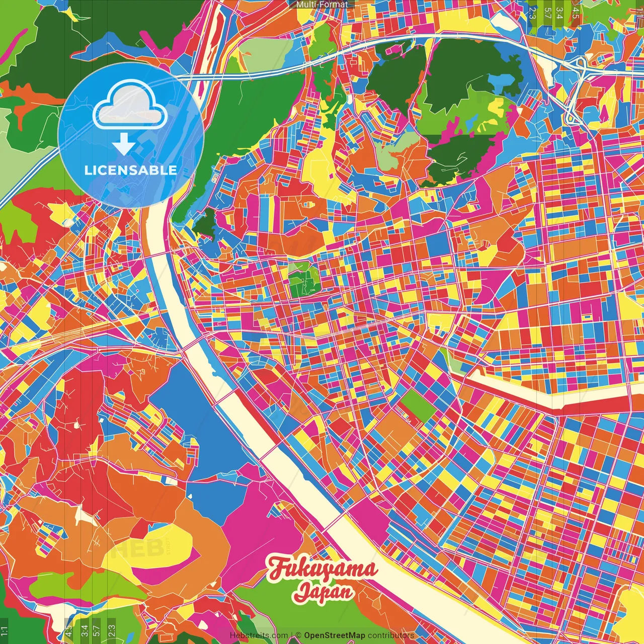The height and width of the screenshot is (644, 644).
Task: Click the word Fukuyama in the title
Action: pyautogui.click(x=323, y=569)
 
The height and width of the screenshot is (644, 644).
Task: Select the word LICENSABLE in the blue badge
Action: pyautogui.click(x=130, y=170)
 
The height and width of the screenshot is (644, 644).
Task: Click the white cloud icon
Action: pyautogui.click(x=130, y=107)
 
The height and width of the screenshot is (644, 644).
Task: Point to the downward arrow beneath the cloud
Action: pyautogui.click(x=122, y=145)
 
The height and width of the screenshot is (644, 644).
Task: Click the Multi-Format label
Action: pyautogui.click(x=322, y=5)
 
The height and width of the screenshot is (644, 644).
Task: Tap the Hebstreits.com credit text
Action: pyautogui.click(x=259, y=635)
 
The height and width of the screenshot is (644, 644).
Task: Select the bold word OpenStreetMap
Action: pyautogui.click(x=334, y=635)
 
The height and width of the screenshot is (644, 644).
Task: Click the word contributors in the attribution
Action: pyautogui.click(x=390, y=635)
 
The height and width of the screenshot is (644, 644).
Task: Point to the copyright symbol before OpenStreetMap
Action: pyautogui.click(x=298, y=635)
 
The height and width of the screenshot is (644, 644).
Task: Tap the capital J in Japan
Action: pyautogui.click(x=300, y=592)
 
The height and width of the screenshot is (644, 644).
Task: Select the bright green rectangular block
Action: pyautogui.click(x=418, y=406)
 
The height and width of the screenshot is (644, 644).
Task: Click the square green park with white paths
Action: pyautogui.click(x=304, y=280)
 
